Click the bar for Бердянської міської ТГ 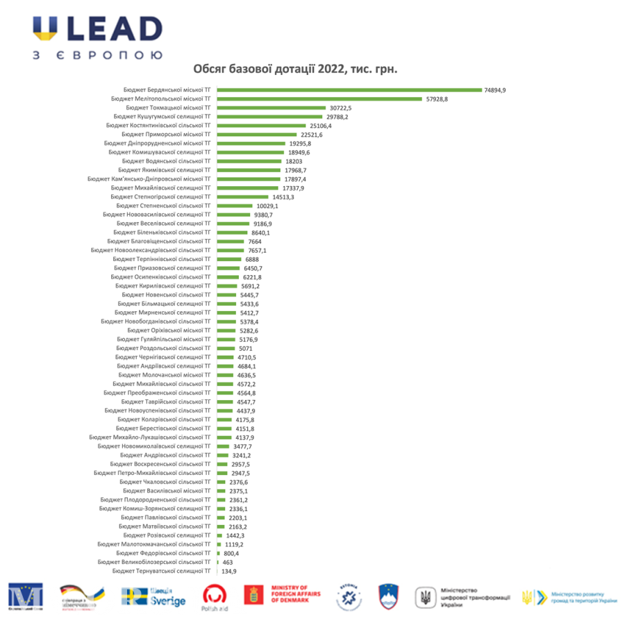coord(349,90)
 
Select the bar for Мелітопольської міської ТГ coord(319,99)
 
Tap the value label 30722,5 coord(341,108)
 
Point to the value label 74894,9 coord(496,90)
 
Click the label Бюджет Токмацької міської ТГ coord(169,108)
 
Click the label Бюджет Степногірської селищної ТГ coord(160,197)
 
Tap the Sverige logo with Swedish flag coord(153,597)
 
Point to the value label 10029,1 coord(267,206)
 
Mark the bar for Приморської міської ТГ coord(258,135)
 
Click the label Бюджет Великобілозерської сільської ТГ coord(154,562)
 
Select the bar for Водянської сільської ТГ coord(249,161)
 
